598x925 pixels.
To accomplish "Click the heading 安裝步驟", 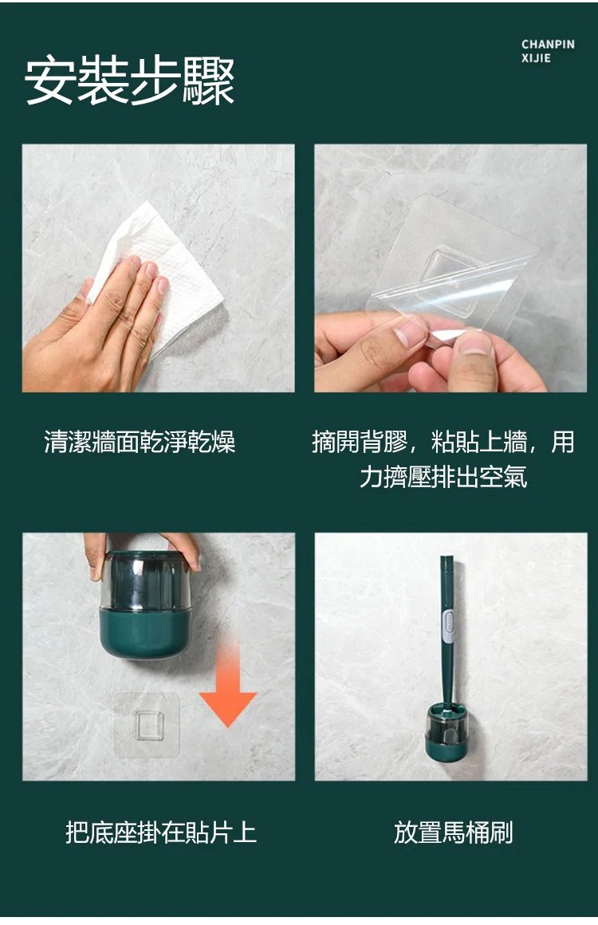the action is point(130,81).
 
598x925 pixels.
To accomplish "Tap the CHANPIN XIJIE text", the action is point(548,51).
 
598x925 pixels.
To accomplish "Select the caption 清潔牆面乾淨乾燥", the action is point(140,442).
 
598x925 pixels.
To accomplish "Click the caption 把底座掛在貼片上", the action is point(161,832).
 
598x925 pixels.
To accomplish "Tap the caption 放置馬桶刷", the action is point(453,832).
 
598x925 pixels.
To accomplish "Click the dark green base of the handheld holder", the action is point(145,632).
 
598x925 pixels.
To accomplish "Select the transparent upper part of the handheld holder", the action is point(145,581).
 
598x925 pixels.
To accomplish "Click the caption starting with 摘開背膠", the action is point(443,459).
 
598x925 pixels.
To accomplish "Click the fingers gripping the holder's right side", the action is point(182,549).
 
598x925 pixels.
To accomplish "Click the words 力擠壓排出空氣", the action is point(443,477).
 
